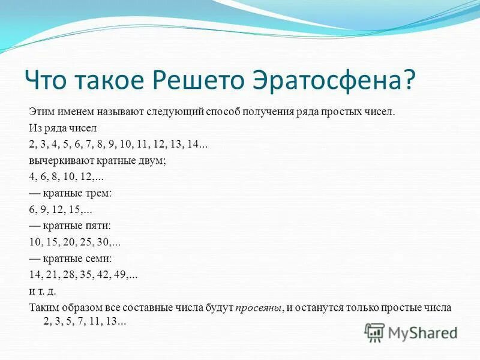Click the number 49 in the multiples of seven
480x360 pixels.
tap(122, 275)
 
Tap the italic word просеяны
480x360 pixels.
tap(258, 307)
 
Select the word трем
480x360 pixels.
tap(100, 194)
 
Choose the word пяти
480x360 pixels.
tap(100, 226)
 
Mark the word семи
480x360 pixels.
tap(100, 259)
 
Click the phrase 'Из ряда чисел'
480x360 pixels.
tap(58, 128)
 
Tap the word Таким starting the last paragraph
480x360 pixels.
tap(43, 307)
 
